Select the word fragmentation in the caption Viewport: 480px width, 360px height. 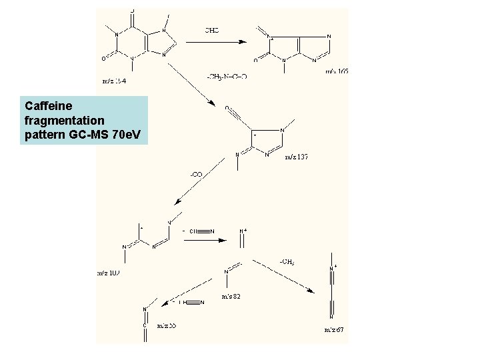(x=65, y=121)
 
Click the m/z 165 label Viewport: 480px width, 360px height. (x=337, y=71)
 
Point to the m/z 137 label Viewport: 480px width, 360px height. (x=297, y=157)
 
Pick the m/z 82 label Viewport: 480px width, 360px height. (x=230, y=296)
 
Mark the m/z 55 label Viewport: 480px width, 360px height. (x=166, y=326)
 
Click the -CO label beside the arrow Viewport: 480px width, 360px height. (x=197, y=174)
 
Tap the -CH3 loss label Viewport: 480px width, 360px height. (x=287, y=261)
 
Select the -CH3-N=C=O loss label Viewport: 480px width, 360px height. (x=227, y=77)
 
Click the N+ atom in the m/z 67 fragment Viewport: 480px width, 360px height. (x=333, y=269)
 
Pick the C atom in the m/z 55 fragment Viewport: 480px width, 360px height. (x=145, y=326)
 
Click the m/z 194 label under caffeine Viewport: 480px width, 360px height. (x=114, y=81)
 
